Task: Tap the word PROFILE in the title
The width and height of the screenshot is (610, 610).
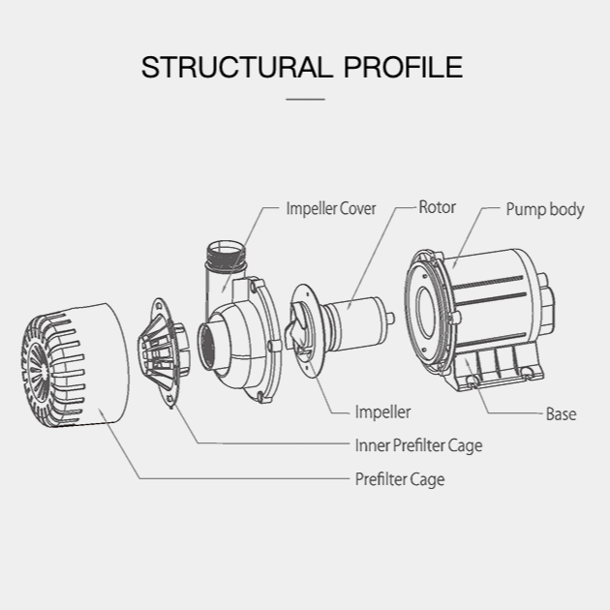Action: tap(404, 68)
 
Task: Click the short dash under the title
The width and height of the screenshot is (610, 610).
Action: tap(305, 98)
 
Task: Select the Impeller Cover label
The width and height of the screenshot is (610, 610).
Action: tap(330, 208)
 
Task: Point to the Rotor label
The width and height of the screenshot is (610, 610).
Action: tap(437, 207)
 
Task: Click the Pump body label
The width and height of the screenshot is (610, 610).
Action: tap(545, 209)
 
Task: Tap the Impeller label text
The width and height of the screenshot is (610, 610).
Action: tap(382, 412)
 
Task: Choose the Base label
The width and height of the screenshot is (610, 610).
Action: tap(561, 414)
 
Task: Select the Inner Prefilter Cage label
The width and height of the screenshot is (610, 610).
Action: tap(417, 446)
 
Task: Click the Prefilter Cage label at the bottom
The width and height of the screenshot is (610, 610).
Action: tap(400, 479)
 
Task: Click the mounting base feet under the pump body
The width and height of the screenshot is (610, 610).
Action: tap(494, 374)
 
